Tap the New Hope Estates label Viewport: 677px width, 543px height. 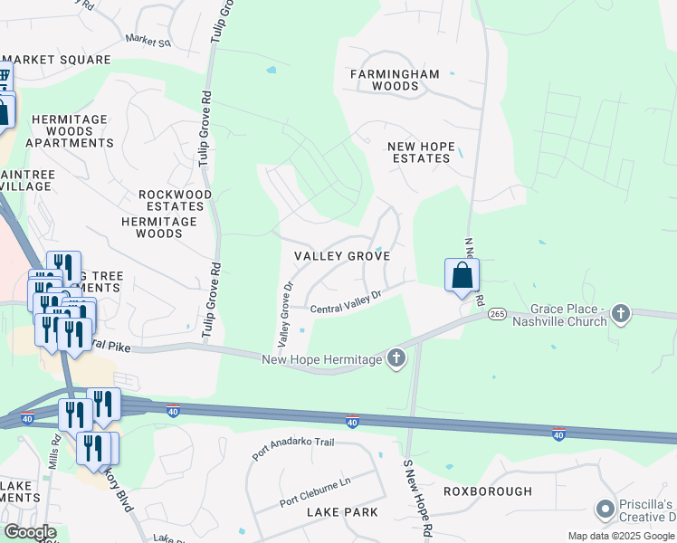pyautogui.click(x=418, y=152)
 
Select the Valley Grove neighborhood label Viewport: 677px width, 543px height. pyautogui.click(x=342, y=256)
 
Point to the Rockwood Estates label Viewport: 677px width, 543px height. pyautogui.click(x=175, y=201)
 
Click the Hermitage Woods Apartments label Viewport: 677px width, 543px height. pyautogui.click(x=69, y=131)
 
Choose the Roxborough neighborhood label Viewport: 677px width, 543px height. pyautogui.click(x=487, y=491)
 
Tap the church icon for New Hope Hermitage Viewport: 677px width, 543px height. pyautogui.click(x=396, y=359)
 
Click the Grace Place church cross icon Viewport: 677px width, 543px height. pyautogui.click(x=620, y=314)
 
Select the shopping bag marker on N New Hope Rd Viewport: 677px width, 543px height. pyautogui.click(x=462, y=274)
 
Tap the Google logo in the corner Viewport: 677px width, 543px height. pyautogui.click(x=29, y=532)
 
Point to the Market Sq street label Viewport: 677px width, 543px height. pyautogui.click(x=148, y=41)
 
